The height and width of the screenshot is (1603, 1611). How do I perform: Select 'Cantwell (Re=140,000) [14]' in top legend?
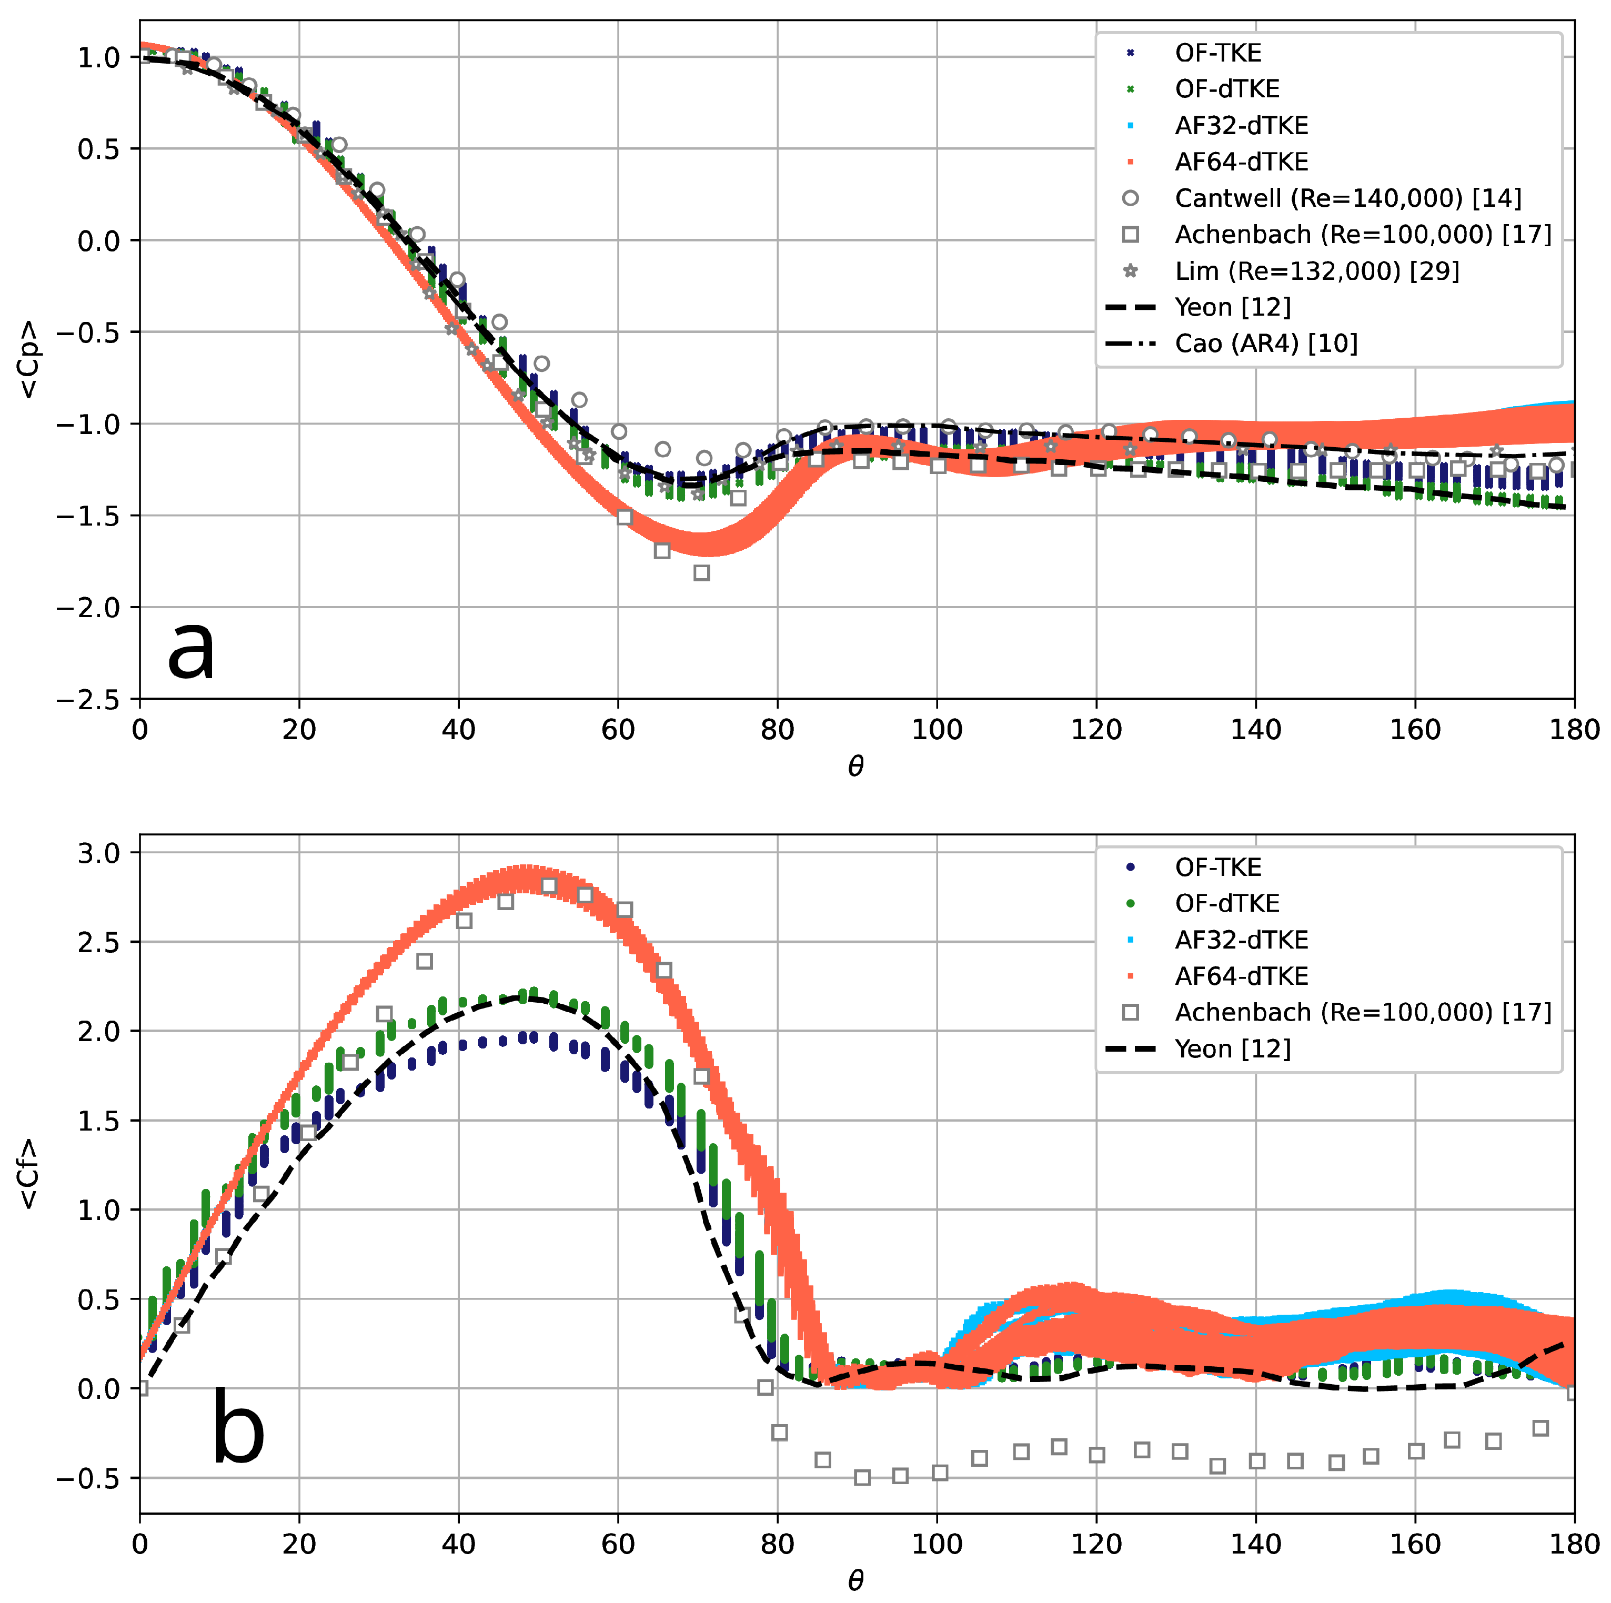pyautogui.click(x=1347, y=198)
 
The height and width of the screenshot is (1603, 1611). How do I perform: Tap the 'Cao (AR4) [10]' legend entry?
pyautogui.click(x=1266, y=344)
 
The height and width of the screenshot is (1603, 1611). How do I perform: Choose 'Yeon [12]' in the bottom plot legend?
pyautogui.click(x=1232, y=1048)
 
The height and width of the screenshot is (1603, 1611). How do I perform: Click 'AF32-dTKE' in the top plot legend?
pyautogui.click(x=1241, y=126)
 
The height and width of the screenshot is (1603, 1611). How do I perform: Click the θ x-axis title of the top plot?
pyautogui.click(x=855, y=766)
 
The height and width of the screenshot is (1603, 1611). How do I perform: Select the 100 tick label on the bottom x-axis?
pyautogui.click(x=937, y=1544)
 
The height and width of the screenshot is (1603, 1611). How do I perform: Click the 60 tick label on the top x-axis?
pyautogui.click(x=618, y=730)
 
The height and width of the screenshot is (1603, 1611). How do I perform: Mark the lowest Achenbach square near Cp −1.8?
pyautogui.click(x=702, y=573)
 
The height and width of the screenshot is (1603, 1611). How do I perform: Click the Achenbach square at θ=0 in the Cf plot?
pyautogui.click(x=141, y=1388)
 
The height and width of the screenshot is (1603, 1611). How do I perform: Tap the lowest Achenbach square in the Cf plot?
pyautogui.click(x=862, y=1478)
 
